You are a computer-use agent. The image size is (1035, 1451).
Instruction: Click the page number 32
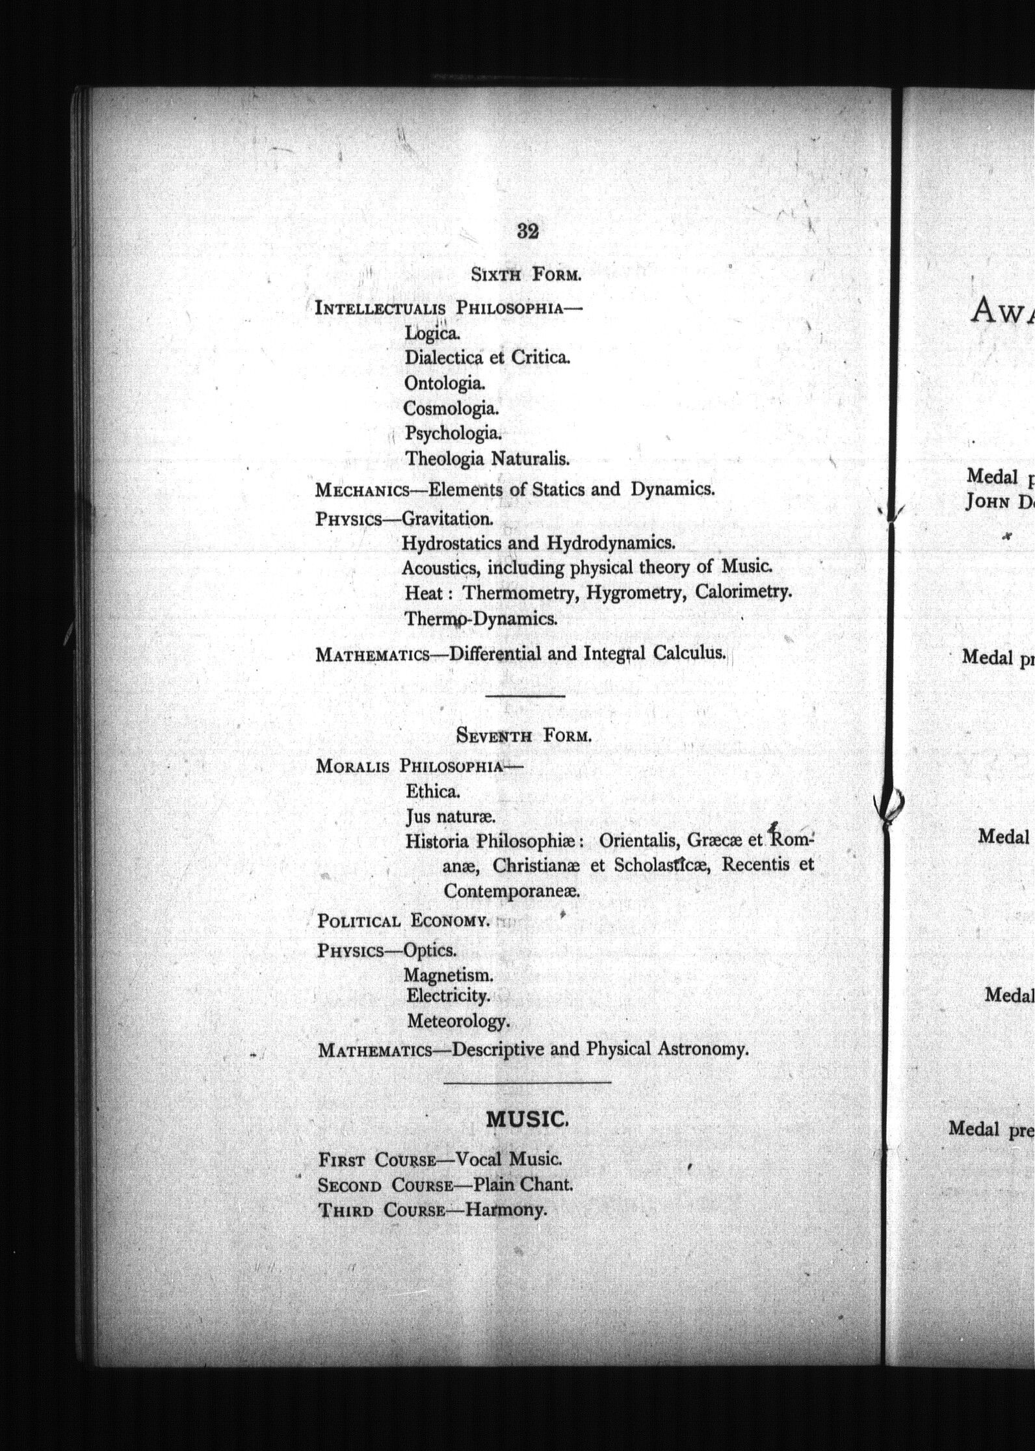(x=528, y=231)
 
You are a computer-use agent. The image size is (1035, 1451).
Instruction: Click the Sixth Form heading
(x=525, y=275)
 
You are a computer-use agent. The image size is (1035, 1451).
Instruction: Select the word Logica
(x=432, y=333)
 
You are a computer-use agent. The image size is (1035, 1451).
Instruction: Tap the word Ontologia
(x=445, y=384)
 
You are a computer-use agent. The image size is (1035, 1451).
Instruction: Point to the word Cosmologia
(x=451, y=409)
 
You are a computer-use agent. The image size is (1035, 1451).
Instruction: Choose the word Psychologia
(x=453, y=434)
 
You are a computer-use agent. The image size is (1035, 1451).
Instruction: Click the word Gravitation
(x=447, y=519)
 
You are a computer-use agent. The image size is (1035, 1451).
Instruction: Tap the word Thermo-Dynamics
(x=481, y=618)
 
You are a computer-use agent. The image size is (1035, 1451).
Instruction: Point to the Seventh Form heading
(x=523, y=736)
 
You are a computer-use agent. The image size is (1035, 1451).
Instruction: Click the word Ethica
(x=432, y=791)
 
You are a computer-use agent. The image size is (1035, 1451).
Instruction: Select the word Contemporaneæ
(x=511, y=891)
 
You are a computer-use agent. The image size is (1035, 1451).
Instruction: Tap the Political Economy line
(x=403, y=921)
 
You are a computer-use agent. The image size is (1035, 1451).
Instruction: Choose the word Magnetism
(x=449, y=975)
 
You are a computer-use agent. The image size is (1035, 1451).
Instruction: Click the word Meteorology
(x=458, y=1021)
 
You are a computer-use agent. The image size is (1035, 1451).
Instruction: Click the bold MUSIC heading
(x=528, y=1119)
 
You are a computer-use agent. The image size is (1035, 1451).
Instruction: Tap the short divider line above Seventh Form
(x=525, y=696)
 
